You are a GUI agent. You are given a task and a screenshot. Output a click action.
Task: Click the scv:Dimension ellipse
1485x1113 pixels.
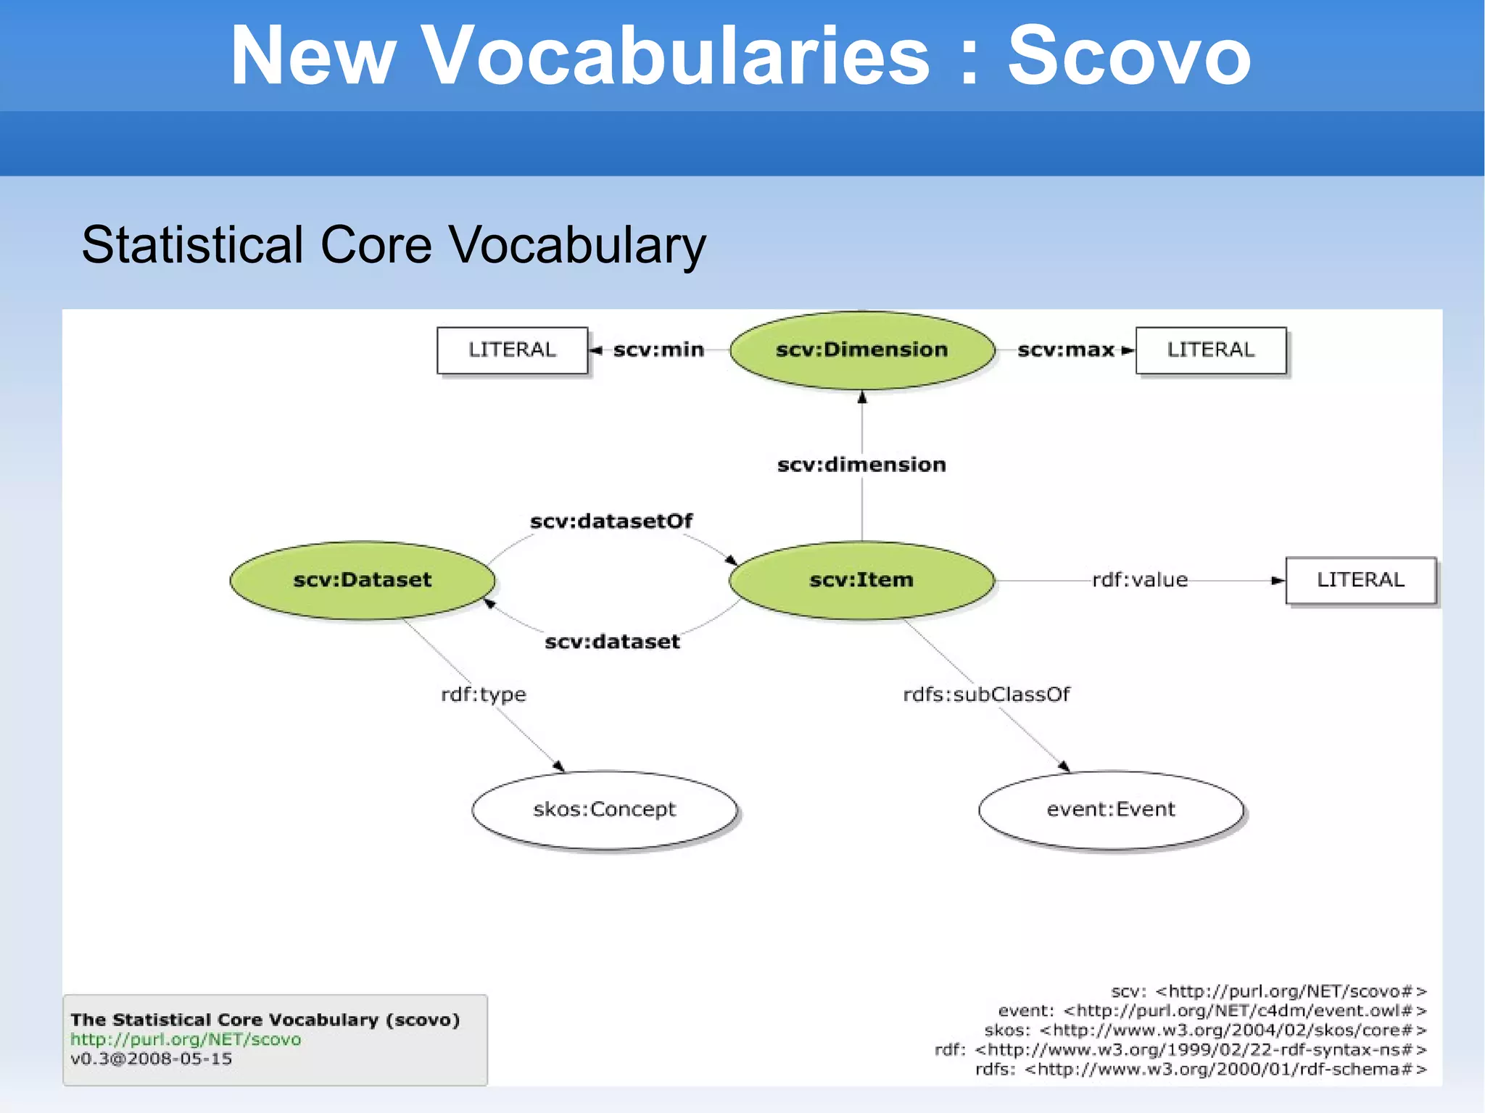click(861, 350)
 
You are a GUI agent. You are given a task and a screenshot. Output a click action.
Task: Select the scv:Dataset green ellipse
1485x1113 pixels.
click(362, 580)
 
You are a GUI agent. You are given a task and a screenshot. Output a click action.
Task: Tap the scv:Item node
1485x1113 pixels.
click(861, 580)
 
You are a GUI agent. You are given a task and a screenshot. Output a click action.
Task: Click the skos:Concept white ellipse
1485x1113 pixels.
click(604, 809)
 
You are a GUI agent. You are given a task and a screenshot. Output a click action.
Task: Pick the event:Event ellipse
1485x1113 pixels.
click(1110, 809)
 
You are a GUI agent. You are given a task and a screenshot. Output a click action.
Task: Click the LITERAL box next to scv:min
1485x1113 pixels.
click(512, 350)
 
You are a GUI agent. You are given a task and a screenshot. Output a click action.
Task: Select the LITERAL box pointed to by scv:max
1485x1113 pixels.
click(1210, 350)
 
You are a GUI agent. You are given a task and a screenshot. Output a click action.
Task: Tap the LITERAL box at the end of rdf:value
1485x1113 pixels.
click(1360, 580)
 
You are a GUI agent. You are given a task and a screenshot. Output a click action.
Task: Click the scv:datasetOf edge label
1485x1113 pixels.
click(611, 521)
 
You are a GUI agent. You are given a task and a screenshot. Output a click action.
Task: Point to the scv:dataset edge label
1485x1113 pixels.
click(612, 642)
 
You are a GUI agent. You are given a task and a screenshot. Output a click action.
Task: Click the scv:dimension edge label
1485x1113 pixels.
click(861, 465)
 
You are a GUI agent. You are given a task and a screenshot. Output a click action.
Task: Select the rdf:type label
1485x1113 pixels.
click(484, 695)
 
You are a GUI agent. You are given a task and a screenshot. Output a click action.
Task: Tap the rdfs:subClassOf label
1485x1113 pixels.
click(986, 695)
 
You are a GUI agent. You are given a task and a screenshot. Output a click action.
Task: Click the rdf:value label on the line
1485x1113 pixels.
click(1140, 580)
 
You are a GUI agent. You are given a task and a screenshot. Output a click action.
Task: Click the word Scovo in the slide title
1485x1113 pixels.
click(1129, 56)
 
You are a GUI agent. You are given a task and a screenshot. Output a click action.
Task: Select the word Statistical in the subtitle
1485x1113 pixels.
click(192, 245)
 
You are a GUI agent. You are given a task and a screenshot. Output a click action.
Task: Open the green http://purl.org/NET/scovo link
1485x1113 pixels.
click(186, 1040)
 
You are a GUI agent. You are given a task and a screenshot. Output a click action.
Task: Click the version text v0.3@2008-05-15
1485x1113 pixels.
click(152, 1059)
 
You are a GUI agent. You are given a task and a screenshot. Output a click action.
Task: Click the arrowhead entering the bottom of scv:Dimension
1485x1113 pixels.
click(862, 397)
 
